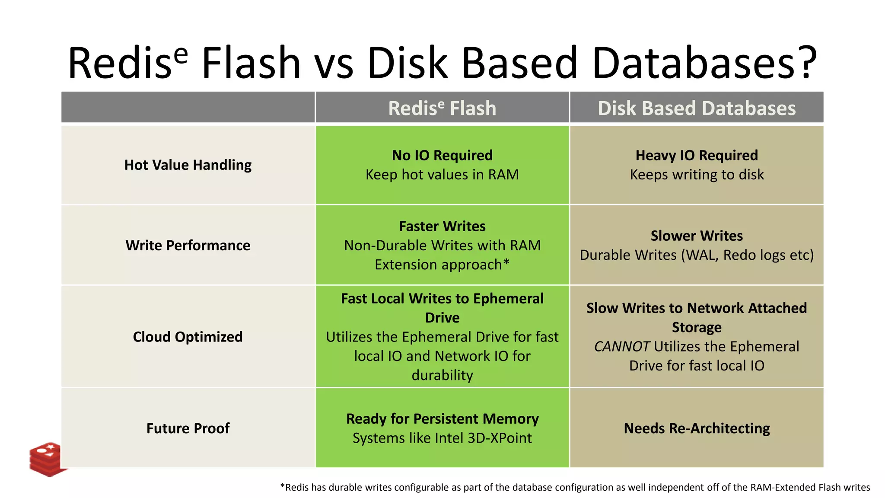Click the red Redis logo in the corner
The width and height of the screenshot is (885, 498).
pos(47,459)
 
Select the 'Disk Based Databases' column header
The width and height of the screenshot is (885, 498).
pos(697,108)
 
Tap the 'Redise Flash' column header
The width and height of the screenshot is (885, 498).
pos(442,108)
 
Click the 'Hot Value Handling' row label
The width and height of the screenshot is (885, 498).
pos(188,165)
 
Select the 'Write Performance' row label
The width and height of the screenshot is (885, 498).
pos(188,246)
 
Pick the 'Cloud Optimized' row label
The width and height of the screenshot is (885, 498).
pos(188,337)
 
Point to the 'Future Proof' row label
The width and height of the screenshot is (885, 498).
pos(188,428)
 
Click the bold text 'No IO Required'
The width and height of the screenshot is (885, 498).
pos(442,155)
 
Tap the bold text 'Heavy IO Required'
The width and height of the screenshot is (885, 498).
pos(697,155)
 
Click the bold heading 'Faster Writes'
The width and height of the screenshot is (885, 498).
pos(442,226)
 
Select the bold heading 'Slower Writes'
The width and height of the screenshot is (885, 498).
pos(697,236)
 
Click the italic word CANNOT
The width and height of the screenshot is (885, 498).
pos(621,347)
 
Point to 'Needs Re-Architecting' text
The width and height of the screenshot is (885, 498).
pos(697,428)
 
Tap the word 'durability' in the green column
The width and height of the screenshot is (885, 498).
pos(442,375)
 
